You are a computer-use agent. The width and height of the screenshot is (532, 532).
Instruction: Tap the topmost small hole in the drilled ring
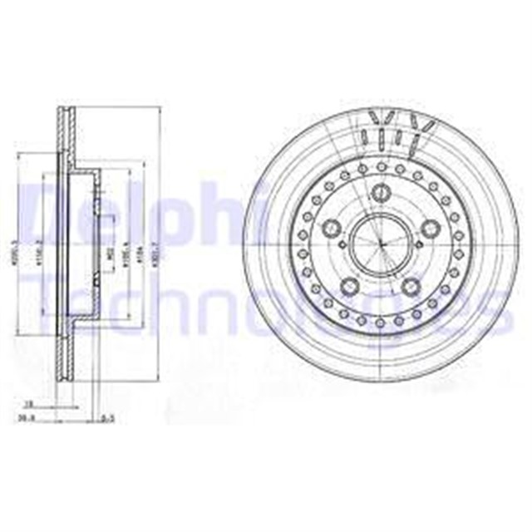coord(380,165)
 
